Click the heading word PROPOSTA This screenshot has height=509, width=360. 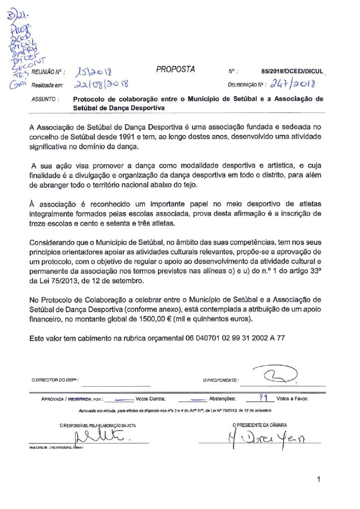click(x=176, y=70)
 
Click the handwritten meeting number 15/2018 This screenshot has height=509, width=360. click(x=94, y=73)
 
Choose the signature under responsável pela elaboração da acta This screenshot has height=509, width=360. click(x=101, y=438)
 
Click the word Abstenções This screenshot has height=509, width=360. click(x=223, y=399)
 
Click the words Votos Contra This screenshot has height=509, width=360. click(x=150, y=399)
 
